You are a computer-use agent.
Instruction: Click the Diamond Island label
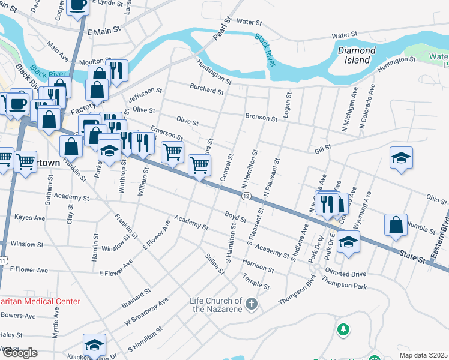(x=357, y=56)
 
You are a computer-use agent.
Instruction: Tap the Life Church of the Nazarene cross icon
(x=252, y=305)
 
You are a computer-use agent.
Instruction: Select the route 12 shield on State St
(x=246, y=197)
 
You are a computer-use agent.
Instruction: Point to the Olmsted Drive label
(x=345, y=274)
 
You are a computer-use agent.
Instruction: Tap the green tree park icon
(x=343, y=329)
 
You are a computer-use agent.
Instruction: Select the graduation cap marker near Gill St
(x=401, y=157)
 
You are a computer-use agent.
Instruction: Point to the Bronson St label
(x=261, y=118)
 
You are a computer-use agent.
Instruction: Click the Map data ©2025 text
(x=423, y=355)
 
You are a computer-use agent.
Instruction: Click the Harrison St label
(x=258, y=264)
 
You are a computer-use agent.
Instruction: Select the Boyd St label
(x=236, y=217)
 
